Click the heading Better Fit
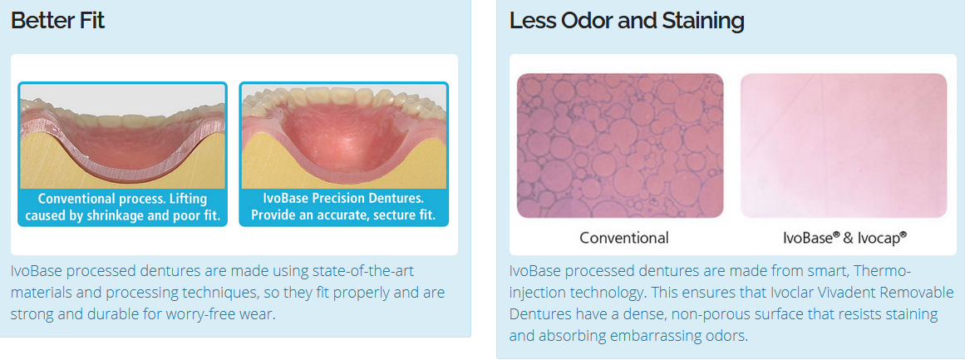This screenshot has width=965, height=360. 58,21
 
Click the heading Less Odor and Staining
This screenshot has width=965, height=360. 627,21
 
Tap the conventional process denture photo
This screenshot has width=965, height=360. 122,136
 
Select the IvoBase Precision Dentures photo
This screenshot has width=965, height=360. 344,136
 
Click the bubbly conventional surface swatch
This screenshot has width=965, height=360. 620,145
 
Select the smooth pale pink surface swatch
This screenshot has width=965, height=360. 844,145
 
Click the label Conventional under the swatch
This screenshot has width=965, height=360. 624,238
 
